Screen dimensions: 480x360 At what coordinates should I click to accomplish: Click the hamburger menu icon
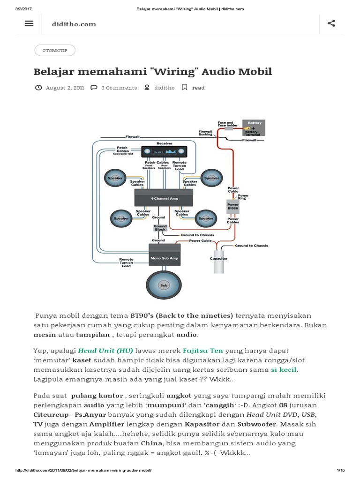29,23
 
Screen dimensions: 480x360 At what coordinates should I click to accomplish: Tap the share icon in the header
331,23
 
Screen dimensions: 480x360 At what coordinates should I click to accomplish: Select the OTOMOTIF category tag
55,50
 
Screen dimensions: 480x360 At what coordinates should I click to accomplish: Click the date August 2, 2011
65,88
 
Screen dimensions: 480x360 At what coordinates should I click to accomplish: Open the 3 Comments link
119,88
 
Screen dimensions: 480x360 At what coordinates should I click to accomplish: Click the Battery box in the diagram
254,127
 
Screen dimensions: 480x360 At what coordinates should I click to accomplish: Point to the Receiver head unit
165,152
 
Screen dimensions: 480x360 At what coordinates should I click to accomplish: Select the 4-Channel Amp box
164,198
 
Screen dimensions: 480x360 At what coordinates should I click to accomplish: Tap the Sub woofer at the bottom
164,285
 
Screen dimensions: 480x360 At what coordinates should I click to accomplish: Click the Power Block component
233,206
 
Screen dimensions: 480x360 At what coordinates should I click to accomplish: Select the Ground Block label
160,228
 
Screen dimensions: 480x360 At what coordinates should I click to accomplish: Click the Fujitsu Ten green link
202,351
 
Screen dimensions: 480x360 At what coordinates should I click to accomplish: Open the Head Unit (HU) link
105,351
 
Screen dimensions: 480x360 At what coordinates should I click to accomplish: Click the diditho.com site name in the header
74,24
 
